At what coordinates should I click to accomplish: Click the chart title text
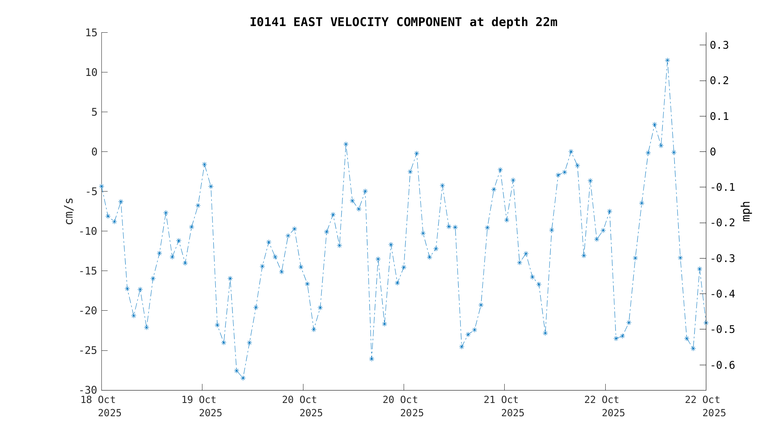[x=403, y=22]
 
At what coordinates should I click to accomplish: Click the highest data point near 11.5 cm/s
[x=667, y=60]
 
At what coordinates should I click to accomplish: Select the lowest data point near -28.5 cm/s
[x=243, y=378]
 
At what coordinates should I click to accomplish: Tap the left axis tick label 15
[x=91, y=33]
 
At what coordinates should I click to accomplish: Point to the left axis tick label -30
[x=88, y=390]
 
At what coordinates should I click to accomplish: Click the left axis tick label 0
[x=94, y=152]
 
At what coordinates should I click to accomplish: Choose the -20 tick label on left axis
[x=88, y=311]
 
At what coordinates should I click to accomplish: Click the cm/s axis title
[x=69, y=211]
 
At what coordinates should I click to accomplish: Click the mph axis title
[x=746, y=211]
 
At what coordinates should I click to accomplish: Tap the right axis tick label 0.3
[x=719, y=45]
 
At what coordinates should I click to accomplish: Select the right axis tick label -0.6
[x=723, y=365]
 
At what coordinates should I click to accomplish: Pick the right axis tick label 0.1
[x=719, y=116]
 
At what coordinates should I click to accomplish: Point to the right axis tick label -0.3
[x=723, y=259]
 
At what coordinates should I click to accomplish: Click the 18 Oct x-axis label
[x=98, y=400]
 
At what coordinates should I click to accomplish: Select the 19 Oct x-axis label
[x=199, y=400]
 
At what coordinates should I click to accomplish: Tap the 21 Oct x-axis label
[x=501, y=400]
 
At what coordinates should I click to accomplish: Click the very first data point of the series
[x=101, y=186]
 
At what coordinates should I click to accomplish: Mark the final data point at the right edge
[x=706, y=323]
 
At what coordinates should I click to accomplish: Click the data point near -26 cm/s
[x=371, y=359]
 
